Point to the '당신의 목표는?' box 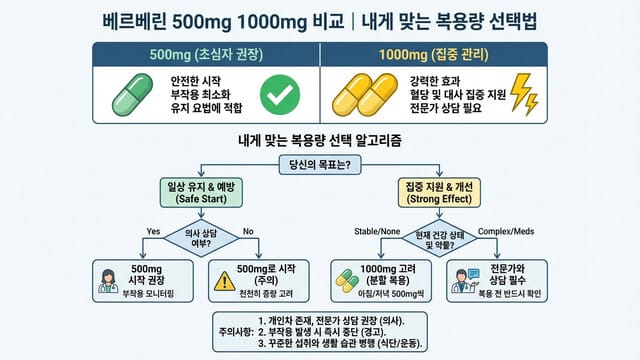(x=319, y=166)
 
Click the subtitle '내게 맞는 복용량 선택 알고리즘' (x=319, y=142)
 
